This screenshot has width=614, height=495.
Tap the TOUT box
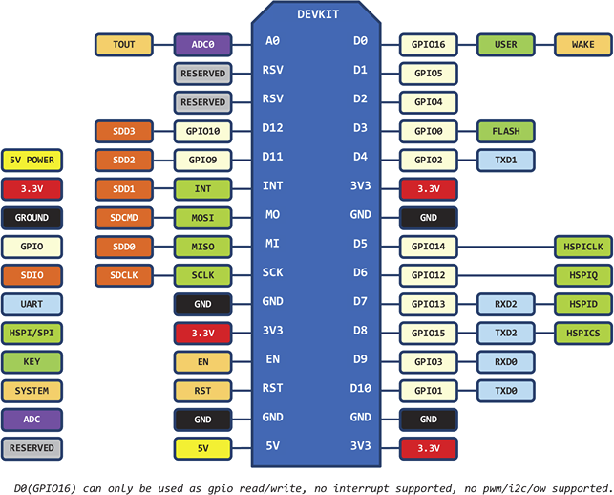point(124,44)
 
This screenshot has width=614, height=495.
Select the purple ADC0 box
point(202,44)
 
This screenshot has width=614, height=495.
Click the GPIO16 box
point(428,44)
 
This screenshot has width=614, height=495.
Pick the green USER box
point(505,44)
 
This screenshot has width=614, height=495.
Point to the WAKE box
point(582,44)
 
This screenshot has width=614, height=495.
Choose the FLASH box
point(505,130)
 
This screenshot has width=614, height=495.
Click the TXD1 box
point(505,160)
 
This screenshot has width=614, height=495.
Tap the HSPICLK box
point(582,247)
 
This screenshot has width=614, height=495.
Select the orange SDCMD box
point(124,217)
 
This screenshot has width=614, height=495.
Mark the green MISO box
point(202,247)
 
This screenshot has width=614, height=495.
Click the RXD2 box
point(505,304)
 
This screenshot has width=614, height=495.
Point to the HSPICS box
point(582,333)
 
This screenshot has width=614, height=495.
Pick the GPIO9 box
point(202,160)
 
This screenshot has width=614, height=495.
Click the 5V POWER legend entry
point(32,160)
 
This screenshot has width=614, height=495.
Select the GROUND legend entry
point(32,217)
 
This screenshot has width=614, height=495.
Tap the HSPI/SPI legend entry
point(32,333)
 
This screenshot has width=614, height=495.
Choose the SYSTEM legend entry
point(32,390)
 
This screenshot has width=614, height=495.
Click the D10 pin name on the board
point(360,390)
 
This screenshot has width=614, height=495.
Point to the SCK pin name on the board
point(272,273)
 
